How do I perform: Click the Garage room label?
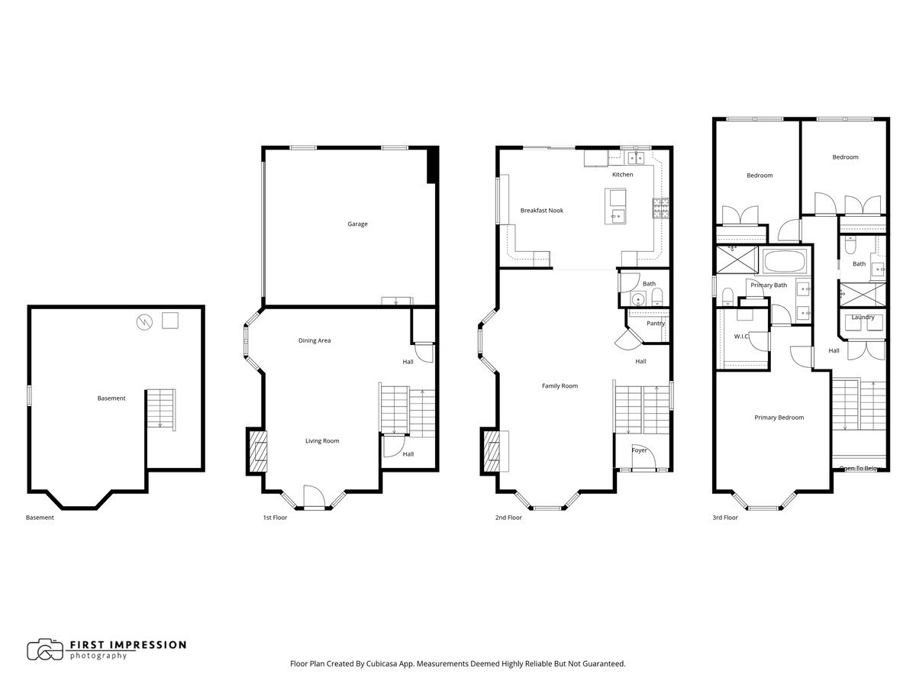(357, 224)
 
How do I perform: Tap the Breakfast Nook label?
(541, 211)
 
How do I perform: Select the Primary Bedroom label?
(779, 418)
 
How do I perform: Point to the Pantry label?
(655, 324)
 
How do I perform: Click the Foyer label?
(639, 450)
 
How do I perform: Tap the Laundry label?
(863, 318)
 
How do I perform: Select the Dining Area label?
(314, 340)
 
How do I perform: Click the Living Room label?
(322, 440)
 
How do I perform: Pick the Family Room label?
(560, 386)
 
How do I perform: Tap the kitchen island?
(615, 205)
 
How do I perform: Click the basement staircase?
(160, 408)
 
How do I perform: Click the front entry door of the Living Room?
(314, 498)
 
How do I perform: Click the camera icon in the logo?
(45, 650)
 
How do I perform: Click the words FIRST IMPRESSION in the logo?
(127, 644)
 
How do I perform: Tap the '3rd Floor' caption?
(724, 518)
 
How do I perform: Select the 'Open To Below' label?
(861, 468)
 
